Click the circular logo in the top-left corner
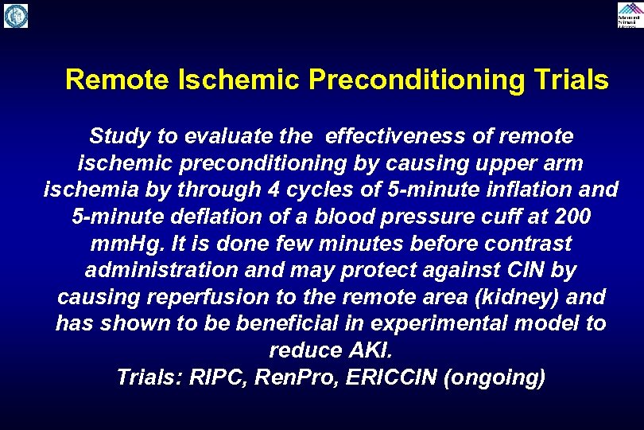coord(16,16)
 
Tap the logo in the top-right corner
coord(628,15)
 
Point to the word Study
coord(118,136)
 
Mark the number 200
coord(574,217)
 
